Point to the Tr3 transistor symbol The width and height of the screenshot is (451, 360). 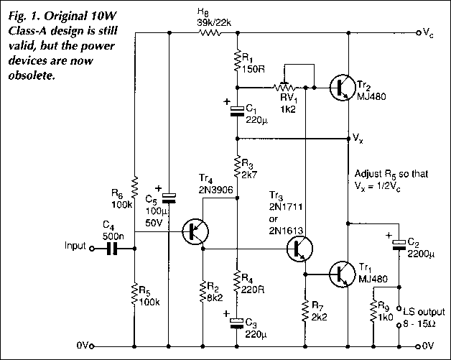(299, 249)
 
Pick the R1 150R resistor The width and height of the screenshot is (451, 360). (238, 62)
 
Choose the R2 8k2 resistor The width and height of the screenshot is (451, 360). (203, 292)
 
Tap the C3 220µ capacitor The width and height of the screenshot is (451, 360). (238, 321)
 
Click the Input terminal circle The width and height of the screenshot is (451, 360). (91, 249)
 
